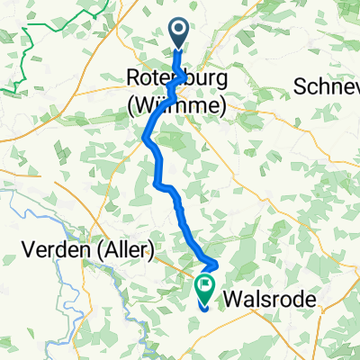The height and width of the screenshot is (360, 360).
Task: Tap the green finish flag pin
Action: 204,289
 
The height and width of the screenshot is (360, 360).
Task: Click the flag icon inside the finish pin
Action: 204,287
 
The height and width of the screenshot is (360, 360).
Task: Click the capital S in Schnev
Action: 301,86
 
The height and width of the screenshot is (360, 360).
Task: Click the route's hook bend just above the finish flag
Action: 217,263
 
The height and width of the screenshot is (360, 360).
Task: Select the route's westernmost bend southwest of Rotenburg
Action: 145,137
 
